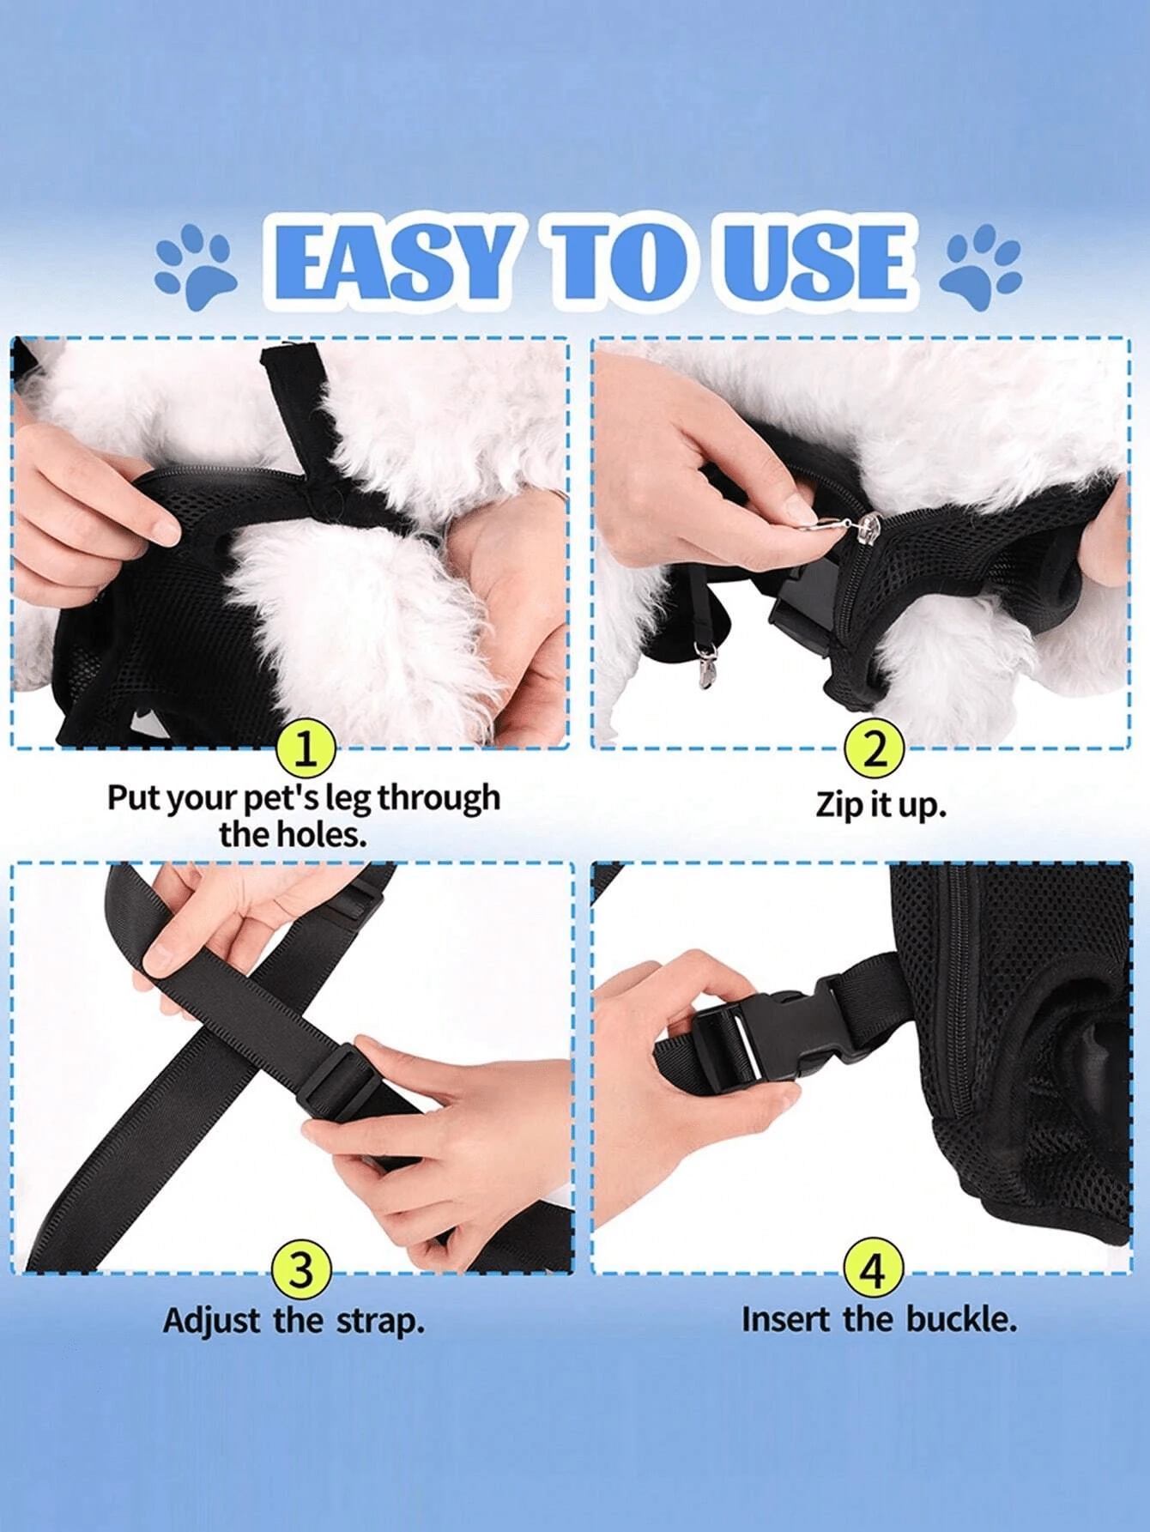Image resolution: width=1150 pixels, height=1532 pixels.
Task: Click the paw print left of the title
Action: tap(195, 267)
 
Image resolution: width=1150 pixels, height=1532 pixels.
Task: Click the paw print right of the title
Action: tap(981, 267)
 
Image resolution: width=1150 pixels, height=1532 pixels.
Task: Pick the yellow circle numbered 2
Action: tap(875, 748)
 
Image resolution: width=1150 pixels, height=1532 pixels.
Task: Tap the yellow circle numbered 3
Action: tap(300, 1269)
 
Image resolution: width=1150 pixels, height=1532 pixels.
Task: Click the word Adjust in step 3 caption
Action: tap(212, 1320)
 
